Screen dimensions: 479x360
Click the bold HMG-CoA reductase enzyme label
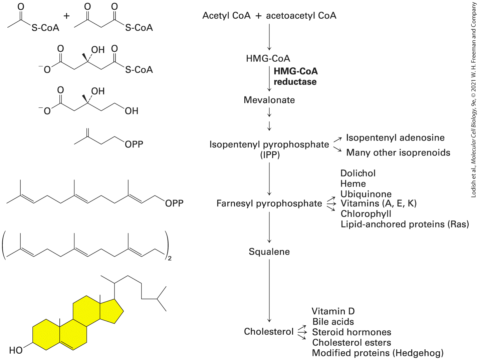pyautogui.click(x=295, y=76)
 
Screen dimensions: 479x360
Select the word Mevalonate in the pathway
pyautogui.click(x=269, y=100)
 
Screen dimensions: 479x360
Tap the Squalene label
pyautogui.click(x=269, y=252)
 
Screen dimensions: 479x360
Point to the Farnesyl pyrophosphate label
pyautogui.click(x=269, y=204)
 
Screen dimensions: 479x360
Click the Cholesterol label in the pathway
pyautogui.click(x=269, y=332)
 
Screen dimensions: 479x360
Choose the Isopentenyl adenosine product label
pyautogui.click(x=395, y=138)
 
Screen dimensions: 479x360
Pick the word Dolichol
pyautogui.click(x=358, y=173)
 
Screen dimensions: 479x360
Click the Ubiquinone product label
pyautogui.click(x=366, y=194)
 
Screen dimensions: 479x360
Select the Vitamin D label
pyautogui.click(x=333, y=311)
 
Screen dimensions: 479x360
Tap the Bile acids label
pyautogui.click(x=333, y=322)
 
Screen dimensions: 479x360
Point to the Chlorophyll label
pyautogui.click(x=366, y=214)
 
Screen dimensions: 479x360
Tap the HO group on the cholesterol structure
pyautogui.click(x=16, y=351)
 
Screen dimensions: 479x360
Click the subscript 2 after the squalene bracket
pyautogui.click(x=170, y=259)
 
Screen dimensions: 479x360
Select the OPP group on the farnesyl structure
pyautogui.click(x=174, y=204)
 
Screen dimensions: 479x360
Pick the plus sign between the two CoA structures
pyautogui.click(x=66, y=16)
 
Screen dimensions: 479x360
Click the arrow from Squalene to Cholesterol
pyautogui.click(x=269, y=291)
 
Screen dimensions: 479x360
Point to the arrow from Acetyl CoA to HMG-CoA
pyautogui.click(x=269, y=37)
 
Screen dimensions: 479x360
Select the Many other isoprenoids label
pyautogui.click(x=398, y=152)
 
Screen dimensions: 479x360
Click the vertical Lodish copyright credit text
pyautogui.click(x=474, y=100)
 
